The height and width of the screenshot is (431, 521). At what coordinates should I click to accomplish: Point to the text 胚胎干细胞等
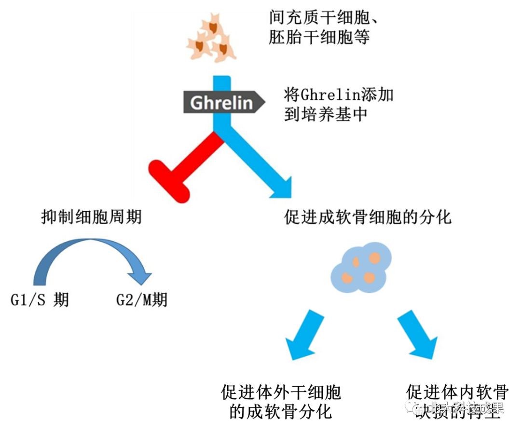[x=319, y=37]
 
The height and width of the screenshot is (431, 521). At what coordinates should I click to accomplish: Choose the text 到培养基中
[x=326, y=115]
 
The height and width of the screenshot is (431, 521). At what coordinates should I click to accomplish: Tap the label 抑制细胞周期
[x=91, y=217]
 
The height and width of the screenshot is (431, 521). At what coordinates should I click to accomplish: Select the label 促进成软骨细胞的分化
[x=368, y=217]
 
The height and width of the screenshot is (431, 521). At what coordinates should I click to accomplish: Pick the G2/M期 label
[x=142, y=300]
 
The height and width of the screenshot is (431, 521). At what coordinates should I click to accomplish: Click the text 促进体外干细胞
[x=281, y=392]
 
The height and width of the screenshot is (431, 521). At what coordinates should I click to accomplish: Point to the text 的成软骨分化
[x=280, y=412]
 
